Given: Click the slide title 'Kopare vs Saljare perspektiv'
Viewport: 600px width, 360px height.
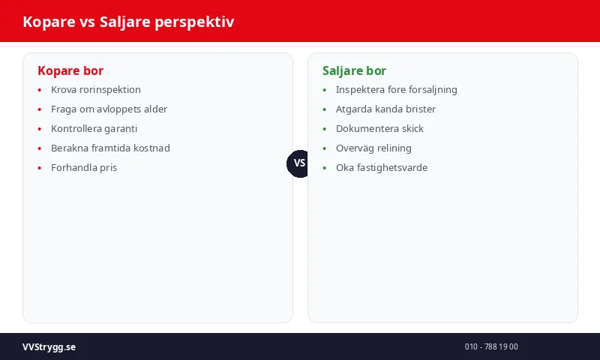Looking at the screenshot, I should (128, 22).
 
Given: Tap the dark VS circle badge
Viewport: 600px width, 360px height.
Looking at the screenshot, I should (299, 163).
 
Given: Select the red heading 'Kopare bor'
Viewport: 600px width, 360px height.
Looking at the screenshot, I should (70, 70).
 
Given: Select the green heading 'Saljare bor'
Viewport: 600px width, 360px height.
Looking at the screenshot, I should (354, 70).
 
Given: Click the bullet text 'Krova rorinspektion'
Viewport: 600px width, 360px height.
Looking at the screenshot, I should (95, 89).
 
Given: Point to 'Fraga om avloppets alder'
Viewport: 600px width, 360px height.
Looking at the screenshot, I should (109, 109).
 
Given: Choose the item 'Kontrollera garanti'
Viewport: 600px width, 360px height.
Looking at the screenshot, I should (94, 128).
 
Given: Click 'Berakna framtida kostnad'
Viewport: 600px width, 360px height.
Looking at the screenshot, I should (110, 148).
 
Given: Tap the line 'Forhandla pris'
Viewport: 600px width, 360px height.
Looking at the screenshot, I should (84, 167).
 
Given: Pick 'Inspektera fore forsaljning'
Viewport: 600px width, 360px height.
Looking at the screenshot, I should (396, 89).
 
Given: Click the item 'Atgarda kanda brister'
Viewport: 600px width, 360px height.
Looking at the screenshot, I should (385, 109).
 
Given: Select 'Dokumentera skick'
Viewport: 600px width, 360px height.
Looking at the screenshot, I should (379, 128).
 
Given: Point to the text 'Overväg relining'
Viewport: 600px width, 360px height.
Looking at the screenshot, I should (373, 148).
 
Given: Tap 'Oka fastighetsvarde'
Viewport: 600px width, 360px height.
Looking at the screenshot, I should (381, 167).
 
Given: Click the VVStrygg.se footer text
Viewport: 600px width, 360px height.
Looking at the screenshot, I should (49, 346).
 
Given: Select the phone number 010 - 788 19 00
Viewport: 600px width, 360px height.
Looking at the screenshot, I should (491, 346).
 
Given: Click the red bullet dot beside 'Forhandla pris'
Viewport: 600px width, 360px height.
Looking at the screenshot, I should (40, 168).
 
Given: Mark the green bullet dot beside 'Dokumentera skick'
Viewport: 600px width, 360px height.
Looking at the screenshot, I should (325, 129).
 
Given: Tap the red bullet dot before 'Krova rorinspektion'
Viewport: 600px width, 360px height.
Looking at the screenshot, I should (40, 90).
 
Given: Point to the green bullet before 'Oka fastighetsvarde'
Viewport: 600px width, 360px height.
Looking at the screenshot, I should (325, 168).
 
